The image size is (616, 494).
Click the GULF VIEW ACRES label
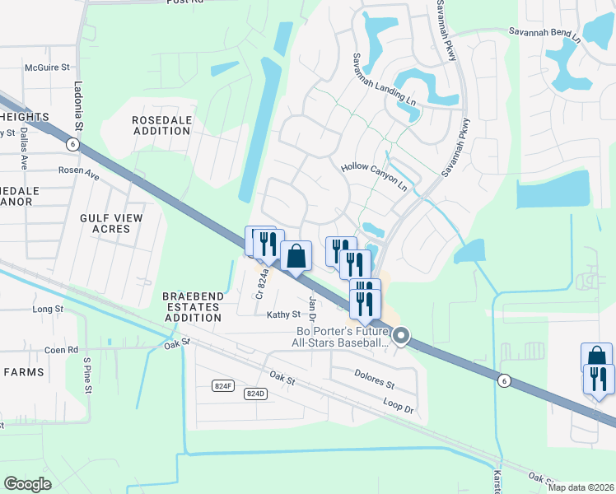pos(111,223)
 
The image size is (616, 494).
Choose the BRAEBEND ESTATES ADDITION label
pos(191,306)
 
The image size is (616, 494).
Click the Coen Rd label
pos(61,349)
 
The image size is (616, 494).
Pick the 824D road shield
pos(256,394)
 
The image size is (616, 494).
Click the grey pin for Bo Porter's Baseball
pos(401,335)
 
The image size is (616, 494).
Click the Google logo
pos(27,484)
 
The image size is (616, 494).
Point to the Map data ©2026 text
pos(580,487)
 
